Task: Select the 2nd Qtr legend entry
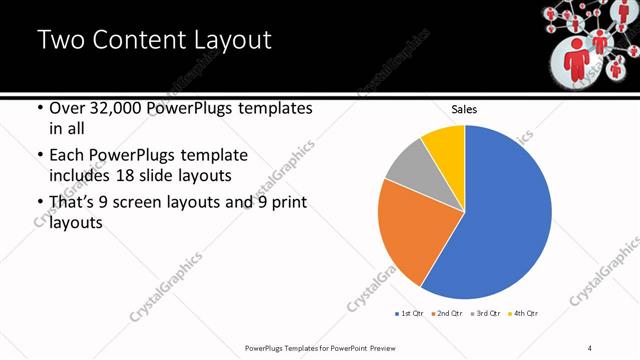(x=446, y=313)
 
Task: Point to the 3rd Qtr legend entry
(x=485, y=313)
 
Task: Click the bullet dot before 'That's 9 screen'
(x=39, y=203)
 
